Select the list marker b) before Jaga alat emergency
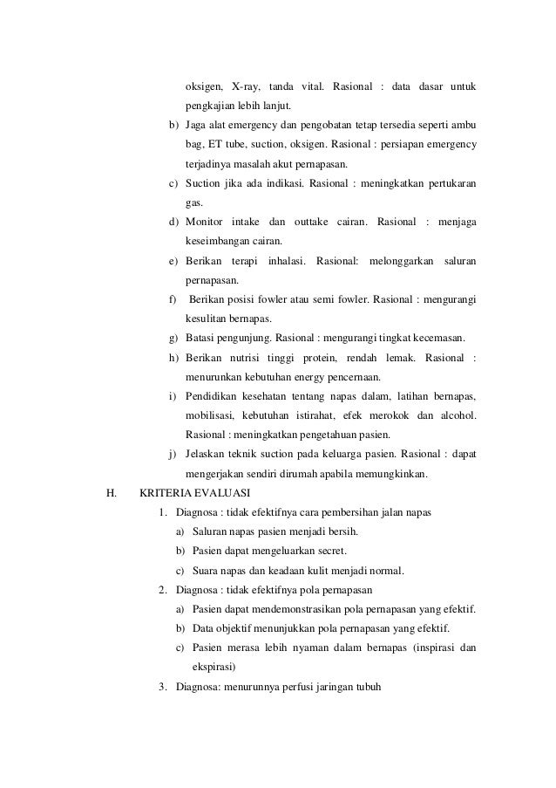[174, 125]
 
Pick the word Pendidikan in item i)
[215, 396]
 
